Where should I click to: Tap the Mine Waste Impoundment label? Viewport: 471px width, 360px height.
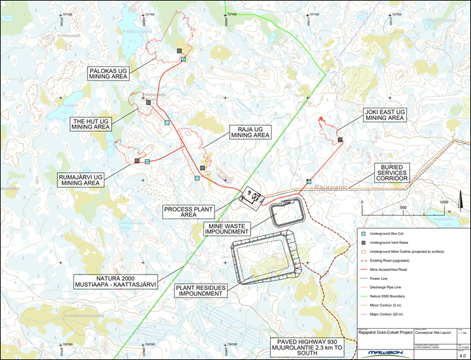[x=227, y=229]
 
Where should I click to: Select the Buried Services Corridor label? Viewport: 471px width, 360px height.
[x=390, y=173]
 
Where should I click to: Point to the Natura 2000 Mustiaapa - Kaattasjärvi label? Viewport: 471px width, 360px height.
[x=115, y=281]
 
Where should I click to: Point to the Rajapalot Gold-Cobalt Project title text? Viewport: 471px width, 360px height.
[x=386, y=332]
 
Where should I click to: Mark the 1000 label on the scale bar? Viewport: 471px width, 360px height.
[x=445, y=202]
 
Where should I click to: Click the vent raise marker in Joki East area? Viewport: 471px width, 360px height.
[x=341, y=140]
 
